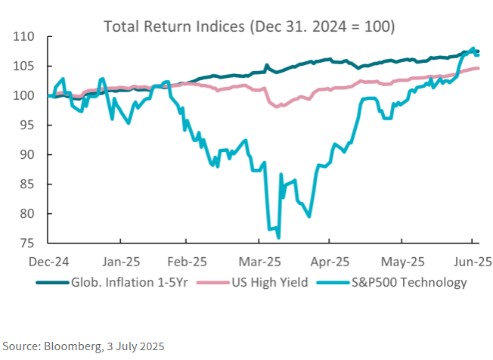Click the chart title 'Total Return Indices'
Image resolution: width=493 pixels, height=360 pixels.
point(249,26)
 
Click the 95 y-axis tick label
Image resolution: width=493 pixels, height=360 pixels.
point(29,125)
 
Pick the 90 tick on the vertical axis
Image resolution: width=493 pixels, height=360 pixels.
point(29,154)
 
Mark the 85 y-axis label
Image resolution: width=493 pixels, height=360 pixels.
point(29,184)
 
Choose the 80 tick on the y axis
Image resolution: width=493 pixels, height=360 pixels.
point(29,213)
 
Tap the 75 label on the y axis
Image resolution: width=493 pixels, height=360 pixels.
point(29,243)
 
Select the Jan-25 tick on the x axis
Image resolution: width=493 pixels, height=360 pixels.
point(119,262)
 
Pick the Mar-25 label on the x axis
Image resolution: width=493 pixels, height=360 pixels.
point(260,262)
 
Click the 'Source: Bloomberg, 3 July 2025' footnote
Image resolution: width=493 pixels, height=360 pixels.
point(82,346)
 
